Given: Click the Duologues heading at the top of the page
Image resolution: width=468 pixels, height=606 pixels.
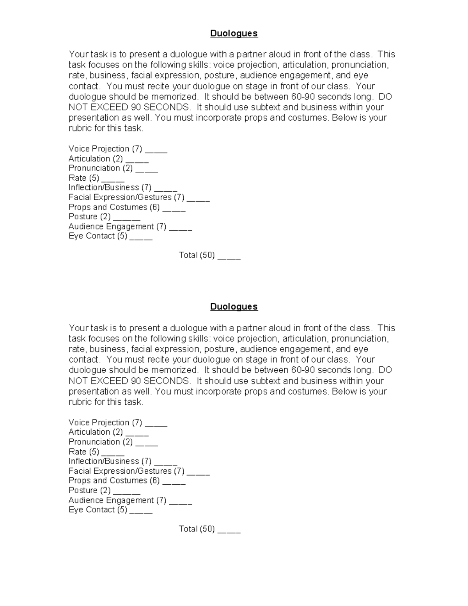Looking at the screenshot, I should tap(234, 34).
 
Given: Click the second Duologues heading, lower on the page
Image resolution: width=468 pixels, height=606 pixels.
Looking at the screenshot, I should tap(234, 307).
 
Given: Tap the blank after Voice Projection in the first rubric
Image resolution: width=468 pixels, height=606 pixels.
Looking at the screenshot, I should tap(156, 150).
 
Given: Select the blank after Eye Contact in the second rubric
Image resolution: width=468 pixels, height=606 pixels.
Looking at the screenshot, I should tap(141, 511).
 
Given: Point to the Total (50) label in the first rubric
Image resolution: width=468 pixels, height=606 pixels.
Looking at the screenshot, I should tap(197, 255).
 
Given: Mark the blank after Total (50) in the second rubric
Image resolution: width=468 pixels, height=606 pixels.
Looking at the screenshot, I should tap(229, 530).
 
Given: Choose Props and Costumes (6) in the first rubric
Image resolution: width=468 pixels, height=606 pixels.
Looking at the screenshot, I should tap(114, 207).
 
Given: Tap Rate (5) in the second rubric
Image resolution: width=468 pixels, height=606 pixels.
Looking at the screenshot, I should tap(84, 452).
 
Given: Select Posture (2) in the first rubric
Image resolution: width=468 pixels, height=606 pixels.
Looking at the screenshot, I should tap(90, 217).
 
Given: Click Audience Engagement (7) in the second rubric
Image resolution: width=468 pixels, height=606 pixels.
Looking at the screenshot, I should tap(117, 500).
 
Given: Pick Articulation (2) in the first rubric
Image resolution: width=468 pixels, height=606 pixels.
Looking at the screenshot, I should tap(96, 159).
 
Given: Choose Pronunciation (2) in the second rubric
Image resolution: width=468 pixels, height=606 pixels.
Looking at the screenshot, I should tap(101, 442).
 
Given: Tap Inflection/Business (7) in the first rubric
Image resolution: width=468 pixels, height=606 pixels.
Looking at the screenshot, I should tap(110, 188).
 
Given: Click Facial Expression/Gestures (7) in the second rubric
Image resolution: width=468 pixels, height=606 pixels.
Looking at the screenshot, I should tap(126, 471).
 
